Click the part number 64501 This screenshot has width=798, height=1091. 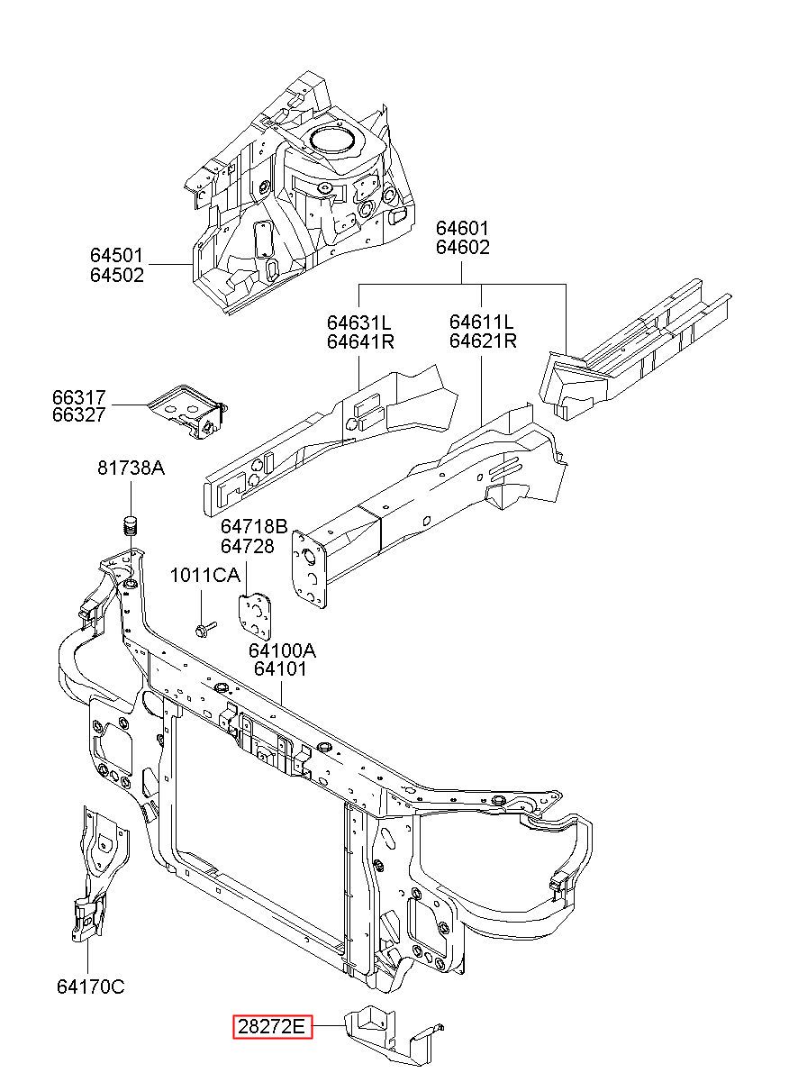[116, 255]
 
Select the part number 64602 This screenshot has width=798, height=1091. [462, 247]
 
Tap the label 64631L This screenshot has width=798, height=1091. [359, 323]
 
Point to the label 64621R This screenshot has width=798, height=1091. [483, 341]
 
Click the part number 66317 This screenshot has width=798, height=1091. [79, 397]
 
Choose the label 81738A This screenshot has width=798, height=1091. [131, 468]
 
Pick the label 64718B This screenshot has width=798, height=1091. [254, 526]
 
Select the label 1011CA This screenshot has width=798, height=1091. [205, 575]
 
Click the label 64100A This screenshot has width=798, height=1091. [283, 650]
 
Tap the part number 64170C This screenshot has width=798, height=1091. [91, 986]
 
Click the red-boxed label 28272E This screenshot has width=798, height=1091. [272, 1027]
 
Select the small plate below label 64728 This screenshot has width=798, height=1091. [255, 615]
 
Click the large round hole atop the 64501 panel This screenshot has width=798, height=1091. [332, 138]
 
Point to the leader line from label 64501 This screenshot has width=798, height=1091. [171, 264]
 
